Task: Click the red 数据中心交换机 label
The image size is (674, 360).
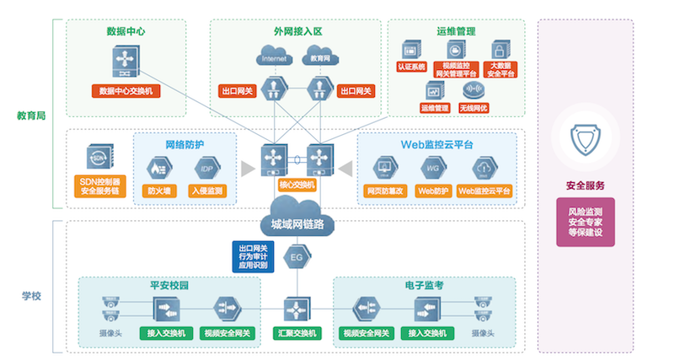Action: point(126,90)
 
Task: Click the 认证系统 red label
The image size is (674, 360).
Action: point(412,66)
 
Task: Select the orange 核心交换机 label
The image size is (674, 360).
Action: point(296,185)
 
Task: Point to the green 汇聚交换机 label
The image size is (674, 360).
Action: point(297,333)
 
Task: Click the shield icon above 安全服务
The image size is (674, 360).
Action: point(586,142)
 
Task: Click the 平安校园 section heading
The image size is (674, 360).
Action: point(168,285)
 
